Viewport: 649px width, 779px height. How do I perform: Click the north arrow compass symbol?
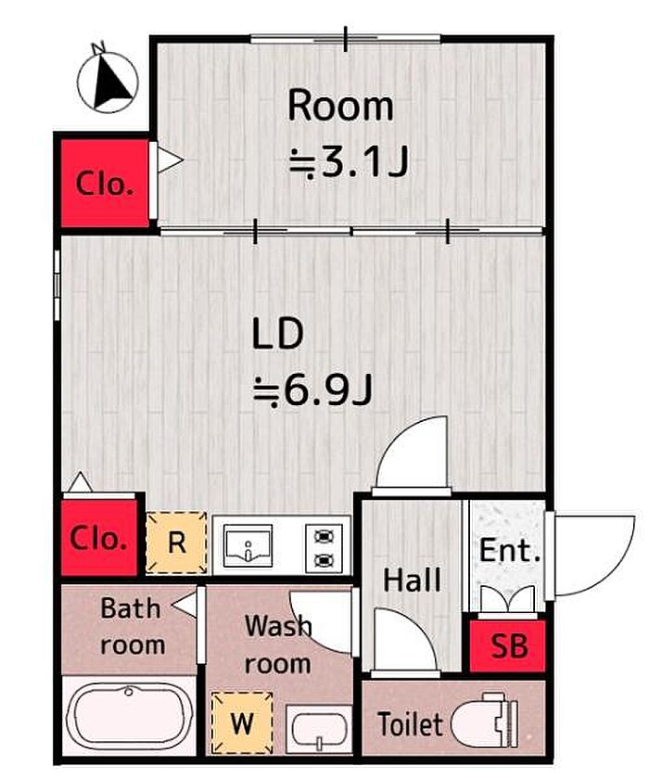point(107,81)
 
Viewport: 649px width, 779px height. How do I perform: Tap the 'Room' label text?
point(340,105)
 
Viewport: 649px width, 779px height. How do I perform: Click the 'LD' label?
point(277,334)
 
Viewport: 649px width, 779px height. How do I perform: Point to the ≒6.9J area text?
point(312,390)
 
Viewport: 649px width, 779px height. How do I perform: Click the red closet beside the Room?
point(105,183)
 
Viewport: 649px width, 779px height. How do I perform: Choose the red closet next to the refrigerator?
point(99,537)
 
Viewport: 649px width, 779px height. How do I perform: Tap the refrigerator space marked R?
point(176,543)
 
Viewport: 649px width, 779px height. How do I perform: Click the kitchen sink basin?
point(248,544)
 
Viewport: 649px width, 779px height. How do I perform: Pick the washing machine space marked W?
point(242,722)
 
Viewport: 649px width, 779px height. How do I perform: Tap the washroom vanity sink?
point(319,729)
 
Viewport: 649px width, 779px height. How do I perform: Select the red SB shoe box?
point(508,645)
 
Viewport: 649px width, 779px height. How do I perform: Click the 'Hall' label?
point(413,580)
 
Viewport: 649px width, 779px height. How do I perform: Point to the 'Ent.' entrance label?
point(510,551)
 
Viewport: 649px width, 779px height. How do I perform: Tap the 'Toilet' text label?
point(410,724)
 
